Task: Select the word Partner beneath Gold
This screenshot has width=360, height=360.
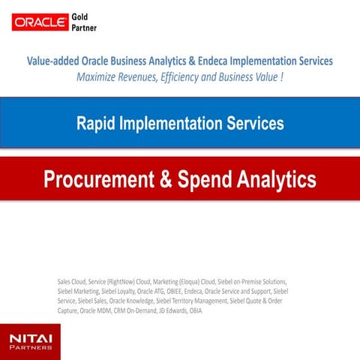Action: point(83,28)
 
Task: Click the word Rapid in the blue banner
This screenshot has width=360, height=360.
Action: point(96,123)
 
